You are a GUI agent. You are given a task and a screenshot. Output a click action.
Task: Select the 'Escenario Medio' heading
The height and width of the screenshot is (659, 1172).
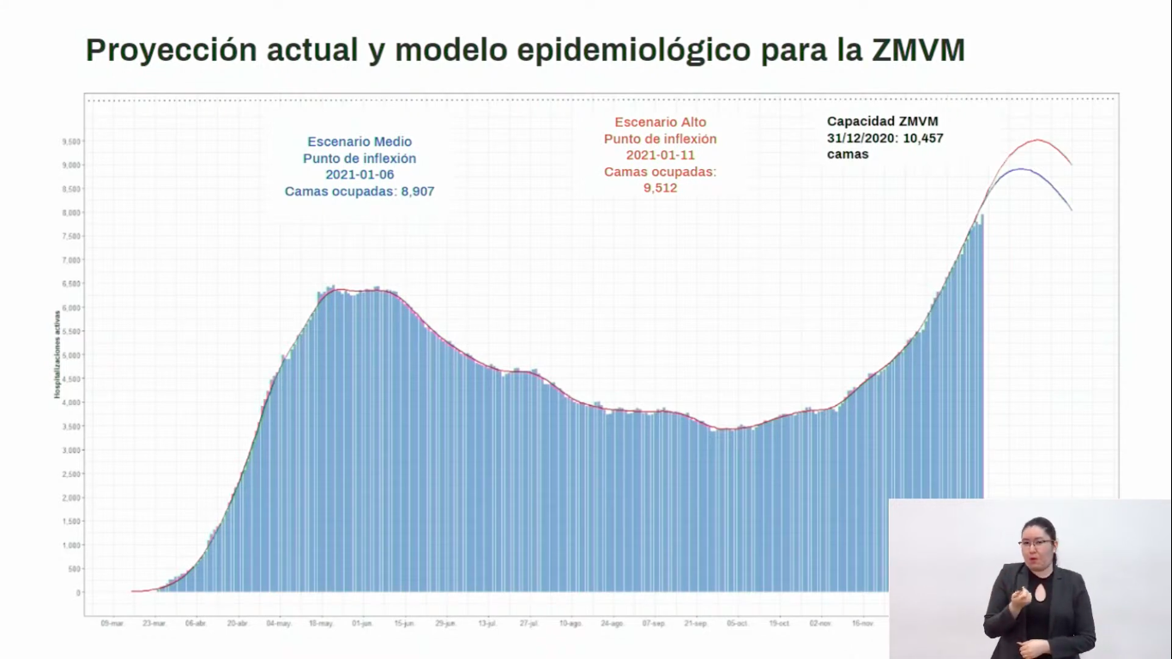click(359, 142)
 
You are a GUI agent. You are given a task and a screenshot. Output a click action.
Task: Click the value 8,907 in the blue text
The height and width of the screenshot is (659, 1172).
click(418, 191)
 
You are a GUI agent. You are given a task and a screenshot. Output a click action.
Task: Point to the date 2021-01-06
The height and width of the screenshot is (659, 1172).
click(359, 175)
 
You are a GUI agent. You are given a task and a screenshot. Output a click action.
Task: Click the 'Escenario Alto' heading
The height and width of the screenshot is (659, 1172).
click(660, 123)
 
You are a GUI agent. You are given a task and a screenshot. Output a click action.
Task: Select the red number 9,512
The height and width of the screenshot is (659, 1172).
click(660, 188)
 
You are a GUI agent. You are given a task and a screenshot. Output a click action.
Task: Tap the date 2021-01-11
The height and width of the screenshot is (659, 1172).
click(660, 155)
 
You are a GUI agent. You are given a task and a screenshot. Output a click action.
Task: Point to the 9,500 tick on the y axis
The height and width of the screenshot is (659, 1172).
click(71, 142)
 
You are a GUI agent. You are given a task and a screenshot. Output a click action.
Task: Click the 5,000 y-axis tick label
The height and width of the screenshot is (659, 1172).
click(71, 355)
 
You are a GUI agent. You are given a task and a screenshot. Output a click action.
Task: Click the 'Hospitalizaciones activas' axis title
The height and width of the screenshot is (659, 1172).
click(57, 354)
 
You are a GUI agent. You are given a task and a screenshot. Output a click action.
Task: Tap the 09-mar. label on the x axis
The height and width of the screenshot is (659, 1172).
click(112, 624)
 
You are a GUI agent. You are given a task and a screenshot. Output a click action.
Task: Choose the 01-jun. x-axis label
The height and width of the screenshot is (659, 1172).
click(362, 624)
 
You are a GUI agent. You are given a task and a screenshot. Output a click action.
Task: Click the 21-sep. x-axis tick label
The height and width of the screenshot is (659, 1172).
click(696, 624)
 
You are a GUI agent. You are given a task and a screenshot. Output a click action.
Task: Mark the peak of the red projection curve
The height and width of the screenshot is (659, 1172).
click(1038, 140)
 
